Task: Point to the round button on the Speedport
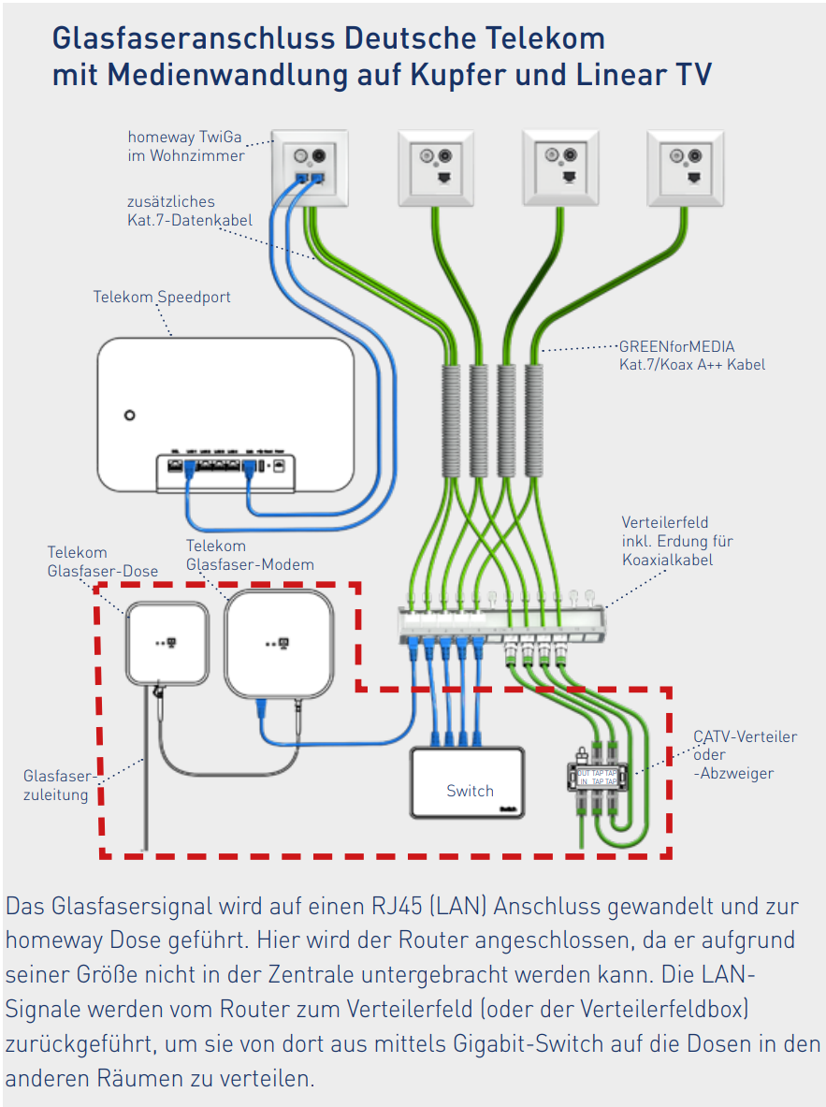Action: pos(130,415)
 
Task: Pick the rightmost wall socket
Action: pos(685,168)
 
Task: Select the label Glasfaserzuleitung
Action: pos(58,785)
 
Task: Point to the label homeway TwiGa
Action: pos(184,138)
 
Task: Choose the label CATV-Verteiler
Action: pos(745,736)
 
